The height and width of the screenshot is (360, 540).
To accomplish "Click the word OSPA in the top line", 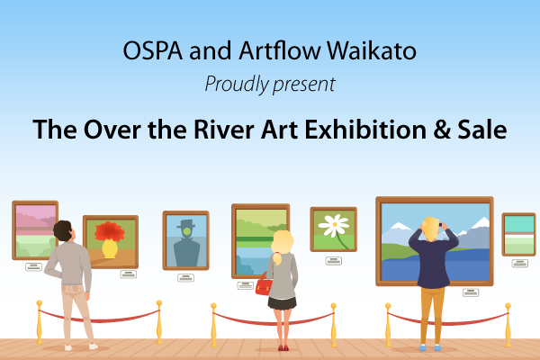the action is click(153, 51).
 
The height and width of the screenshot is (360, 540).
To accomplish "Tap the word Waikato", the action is click(372, 50).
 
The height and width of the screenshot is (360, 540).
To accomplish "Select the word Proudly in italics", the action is click(237, 84).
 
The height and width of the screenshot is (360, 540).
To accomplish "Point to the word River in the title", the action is click(224, 130).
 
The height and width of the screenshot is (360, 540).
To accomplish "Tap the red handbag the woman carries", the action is click(264, 286).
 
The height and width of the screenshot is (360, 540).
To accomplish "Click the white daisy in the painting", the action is click(334, 225).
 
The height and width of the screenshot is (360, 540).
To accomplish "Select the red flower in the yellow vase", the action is click(110, 231).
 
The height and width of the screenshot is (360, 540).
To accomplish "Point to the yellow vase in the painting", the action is click(110, 248).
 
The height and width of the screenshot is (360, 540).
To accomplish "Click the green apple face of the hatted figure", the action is click(187, 231).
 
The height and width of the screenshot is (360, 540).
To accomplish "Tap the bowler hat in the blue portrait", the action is click(186, 224).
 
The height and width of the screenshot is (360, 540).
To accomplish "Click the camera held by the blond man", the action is click(440, 225).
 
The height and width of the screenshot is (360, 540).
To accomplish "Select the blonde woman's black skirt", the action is click(282, 303).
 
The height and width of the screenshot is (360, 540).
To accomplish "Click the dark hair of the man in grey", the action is click(62, 230).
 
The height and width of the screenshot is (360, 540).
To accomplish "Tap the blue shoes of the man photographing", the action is click(430, 347).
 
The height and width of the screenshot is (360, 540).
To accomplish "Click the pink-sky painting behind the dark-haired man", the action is click(35, 230).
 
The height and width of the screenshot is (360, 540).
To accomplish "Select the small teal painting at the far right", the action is click(518, 234).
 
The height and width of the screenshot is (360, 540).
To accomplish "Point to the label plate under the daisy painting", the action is click(334, 261).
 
